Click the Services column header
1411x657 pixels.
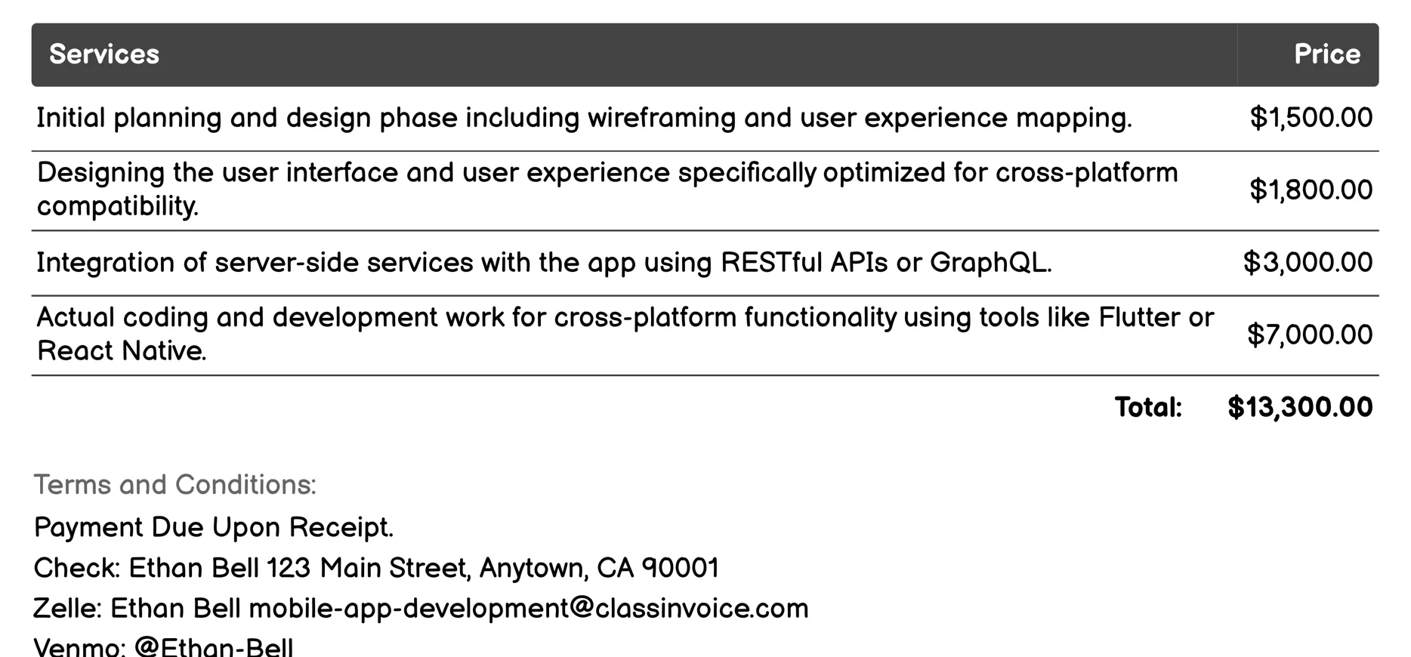pos(104,54)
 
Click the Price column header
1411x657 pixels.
pos(1326,54)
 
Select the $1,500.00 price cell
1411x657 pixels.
pos(1311,118)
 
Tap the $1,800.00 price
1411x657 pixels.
pos(1311,190)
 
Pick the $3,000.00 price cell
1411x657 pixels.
pos(1308,263)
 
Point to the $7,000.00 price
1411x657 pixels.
pos(1309,335)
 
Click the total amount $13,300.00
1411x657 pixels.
pos(1300,407)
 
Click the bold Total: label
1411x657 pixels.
pos(1148,408)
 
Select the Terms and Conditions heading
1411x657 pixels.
pos(174,485)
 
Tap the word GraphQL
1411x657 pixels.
pos(990,263)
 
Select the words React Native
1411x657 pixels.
pos(122,351)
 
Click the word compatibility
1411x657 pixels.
pos(117,206)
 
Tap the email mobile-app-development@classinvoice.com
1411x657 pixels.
pos(529,609)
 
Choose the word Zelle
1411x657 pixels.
pos(66,609)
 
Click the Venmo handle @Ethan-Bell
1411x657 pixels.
pos(214,647)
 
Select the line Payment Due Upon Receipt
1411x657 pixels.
pos(214,527)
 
